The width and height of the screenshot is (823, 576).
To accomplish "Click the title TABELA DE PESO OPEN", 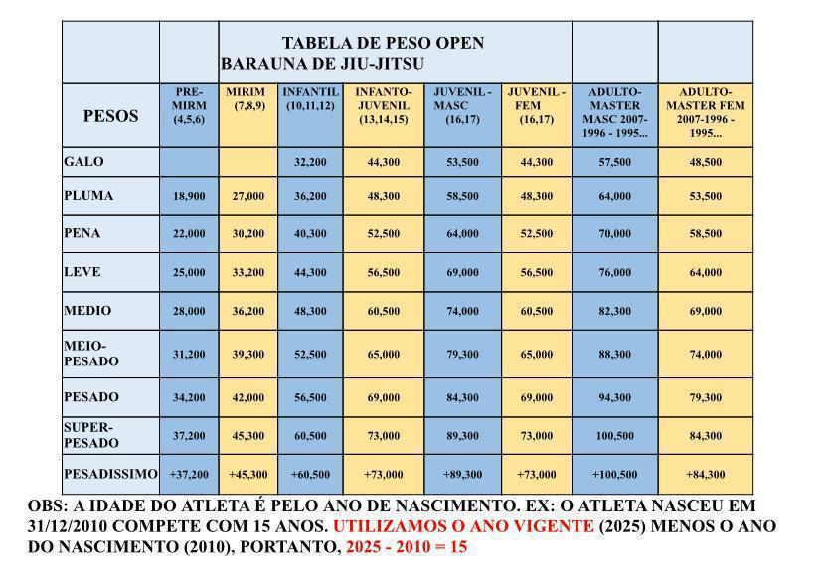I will [383, 43].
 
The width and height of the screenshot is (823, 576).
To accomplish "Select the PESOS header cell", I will [110, 115].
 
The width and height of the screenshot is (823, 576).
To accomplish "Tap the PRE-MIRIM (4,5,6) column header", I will [189, 106].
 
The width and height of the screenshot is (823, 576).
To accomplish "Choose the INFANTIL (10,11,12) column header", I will [308, 99].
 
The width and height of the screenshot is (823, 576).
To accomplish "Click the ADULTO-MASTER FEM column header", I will [706, 112].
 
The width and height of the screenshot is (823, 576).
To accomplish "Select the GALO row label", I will [83, 161].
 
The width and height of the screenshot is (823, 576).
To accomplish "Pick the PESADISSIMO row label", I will [110, 473].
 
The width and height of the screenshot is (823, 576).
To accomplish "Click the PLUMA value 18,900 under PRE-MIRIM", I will [189, 197].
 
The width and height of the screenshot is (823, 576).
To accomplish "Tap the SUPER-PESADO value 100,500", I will [614, 436].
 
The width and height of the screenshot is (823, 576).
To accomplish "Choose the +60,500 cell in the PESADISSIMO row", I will [308, 474].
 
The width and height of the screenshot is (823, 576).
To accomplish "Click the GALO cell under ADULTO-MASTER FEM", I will [706, 162].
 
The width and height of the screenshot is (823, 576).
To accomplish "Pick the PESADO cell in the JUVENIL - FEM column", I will [536, 398].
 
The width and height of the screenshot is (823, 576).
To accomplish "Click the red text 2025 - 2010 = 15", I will [406, 547].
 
